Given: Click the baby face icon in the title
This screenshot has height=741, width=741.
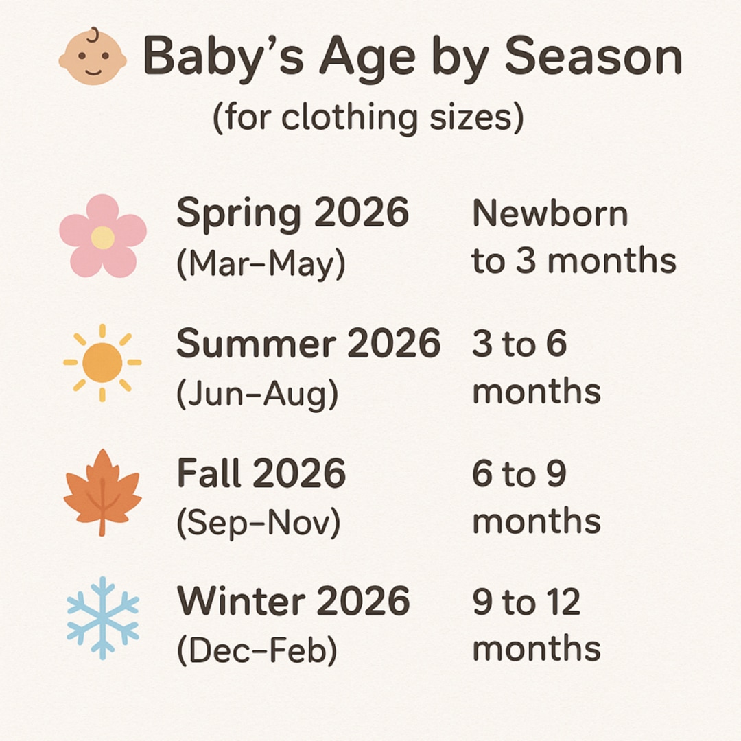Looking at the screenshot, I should pos(93,58).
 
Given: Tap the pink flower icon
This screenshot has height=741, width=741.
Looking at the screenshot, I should pos(103,236).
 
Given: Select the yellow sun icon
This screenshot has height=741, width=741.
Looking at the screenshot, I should pos(102,362).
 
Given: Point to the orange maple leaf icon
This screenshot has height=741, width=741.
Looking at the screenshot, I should pos(102,491).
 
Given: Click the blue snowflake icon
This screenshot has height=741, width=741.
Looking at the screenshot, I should pos(103,618).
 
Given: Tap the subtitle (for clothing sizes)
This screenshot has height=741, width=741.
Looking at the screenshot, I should pos(368,118).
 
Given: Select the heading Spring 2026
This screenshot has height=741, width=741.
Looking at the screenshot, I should pos(292,213).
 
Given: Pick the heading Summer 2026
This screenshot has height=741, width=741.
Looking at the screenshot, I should pos(308,343).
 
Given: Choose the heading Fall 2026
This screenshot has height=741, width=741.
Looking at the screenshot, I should pos(261,473).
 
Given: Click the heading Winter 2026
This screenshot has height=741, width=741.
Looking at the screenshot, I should pos(294,602).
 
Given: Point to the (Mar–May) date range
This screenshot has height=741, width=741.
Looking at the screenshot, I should pos(261,264).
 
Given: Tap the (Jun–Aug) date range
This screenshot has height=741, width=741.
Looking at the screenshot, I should pos(258,394).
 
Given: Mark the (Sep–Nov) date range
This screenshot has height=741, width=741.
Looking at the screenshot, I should pos(259,524).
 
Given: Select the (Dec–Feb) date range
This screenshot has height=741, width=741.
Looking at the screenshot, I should pos(257,652).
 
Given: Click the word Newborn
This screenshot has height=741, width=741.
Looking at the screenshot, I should pos(550,214).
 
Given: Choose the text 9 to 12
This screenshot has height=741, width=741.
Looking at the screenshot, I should pos(526,602).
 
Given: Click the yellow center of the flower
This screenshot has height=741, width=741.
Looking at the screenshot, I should pos(103,237).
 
